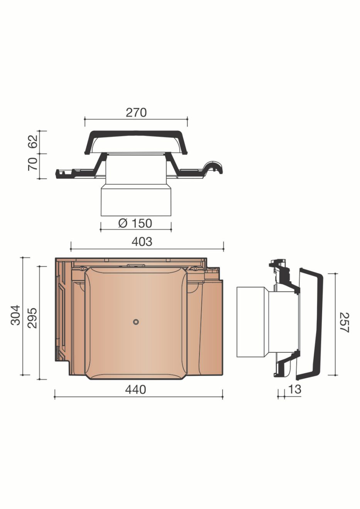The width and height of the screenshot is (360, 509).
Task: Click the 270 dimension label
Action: [x=136, y=113]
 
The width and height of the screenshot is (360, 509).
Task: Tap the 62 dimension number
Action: [x=32, y=142]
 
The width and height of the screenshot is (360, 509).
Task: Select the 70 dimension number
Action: [x=32, y=164]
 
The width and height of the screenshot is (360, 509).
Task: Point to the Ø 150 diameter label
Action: [x=135, y=223]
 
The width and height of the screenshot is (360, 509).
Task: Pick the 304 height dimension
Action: [x=16, y=315]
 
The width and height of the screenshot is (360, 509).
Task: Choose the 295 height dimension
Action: [x=32, y=318]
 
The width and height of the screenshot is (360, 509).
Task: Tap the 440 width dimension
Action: [x=136, y=390]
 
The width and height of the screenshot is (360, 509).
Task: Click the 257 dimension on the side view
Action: [x=344, y=323]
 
